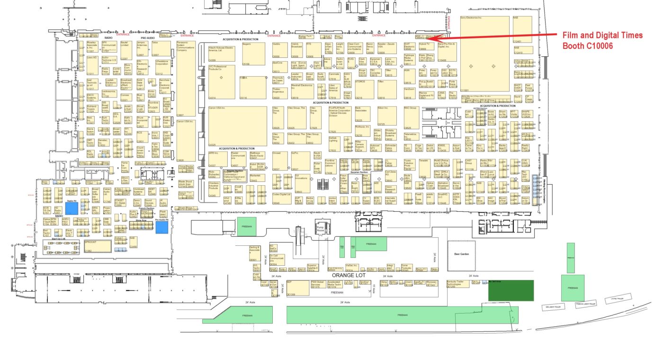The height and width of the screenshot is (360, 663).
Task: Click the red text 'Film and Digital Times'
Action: coord(602,36)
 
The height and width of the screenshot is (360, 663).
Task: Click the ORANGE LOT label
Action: coord(349,275)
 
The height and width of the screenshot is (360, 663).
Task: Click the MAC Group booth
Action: coord(412,117)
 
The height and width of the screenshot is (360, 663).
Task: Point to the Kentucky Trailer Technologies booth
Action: coord(457,284)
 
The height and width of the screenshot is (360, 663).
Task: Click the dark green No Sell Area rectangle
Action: coord(511,290)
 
